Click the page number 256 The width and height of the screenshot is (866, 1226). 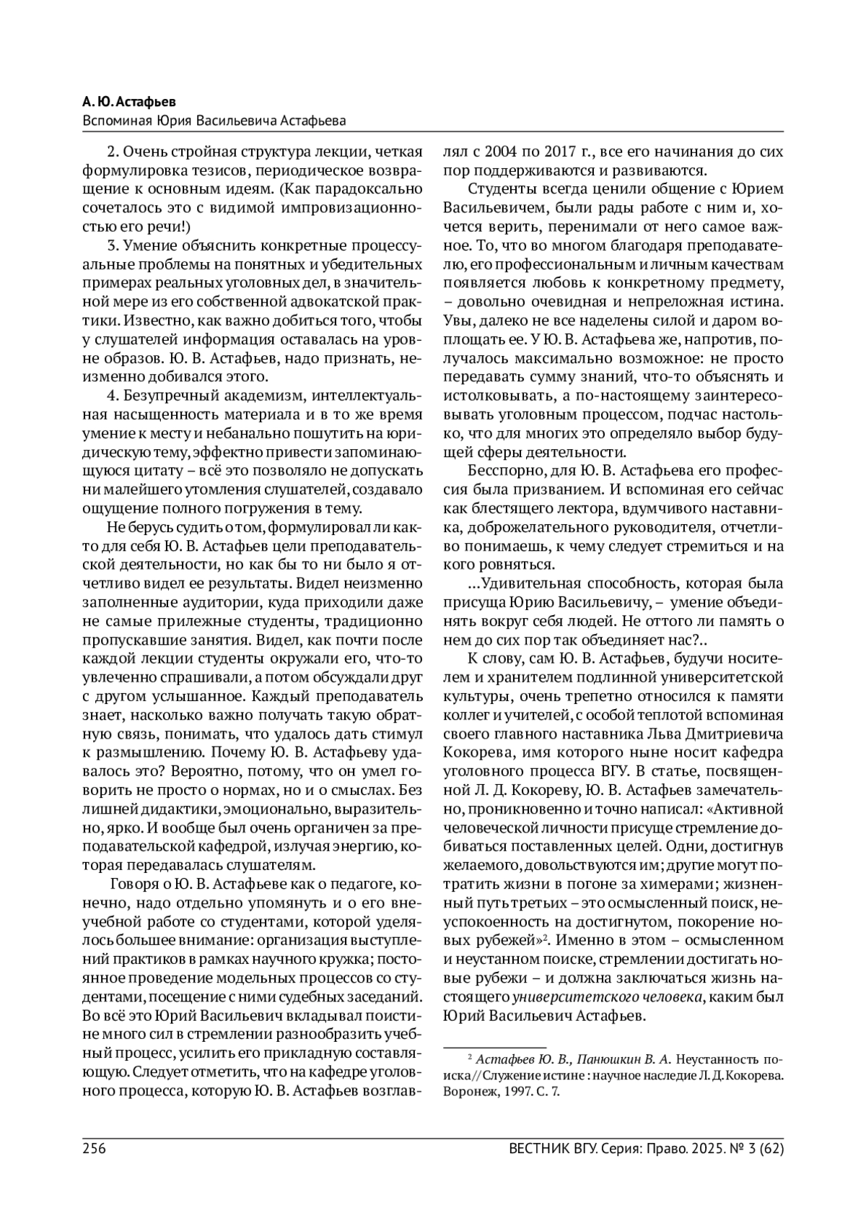(x=95, y=1149)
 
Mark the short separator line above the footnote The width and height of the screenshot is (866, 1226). (x=494, y=1046)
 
